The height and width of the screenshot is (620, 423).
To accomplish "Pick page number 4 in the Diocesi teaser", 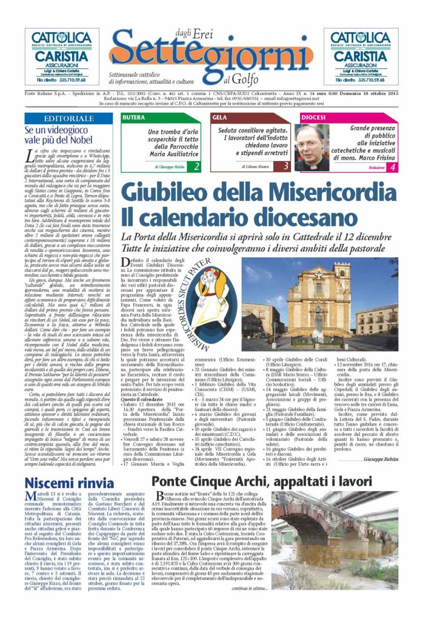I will click(392, 166).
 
